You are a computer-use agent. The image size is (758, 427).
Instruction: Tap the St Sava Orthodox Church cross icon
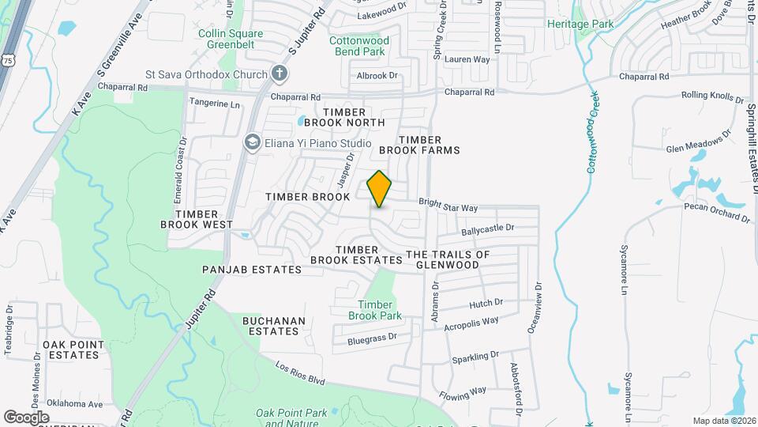278,74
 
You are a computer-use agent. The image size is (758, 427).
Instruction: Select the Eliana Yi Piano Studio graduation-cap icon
252,142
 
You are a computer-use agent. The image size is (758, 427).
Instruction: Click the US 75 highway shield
8,60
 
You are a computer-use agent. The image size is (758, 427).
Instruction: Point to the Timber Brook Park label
375,310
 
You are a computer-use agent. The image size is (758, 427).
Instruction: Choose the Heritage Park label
580,25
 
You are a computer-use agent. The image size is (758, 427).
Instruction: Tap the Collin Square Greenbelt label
231,39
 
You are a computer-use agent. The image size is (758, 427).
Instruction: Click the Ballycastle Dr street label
487,228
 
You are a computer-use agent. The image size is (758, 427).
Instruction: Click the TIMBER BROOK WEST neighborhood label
197,219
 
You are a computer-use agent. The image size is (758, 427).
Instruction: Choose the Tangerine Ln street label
212,104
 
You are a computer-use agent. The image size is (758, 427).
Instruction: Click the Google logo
26,417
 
